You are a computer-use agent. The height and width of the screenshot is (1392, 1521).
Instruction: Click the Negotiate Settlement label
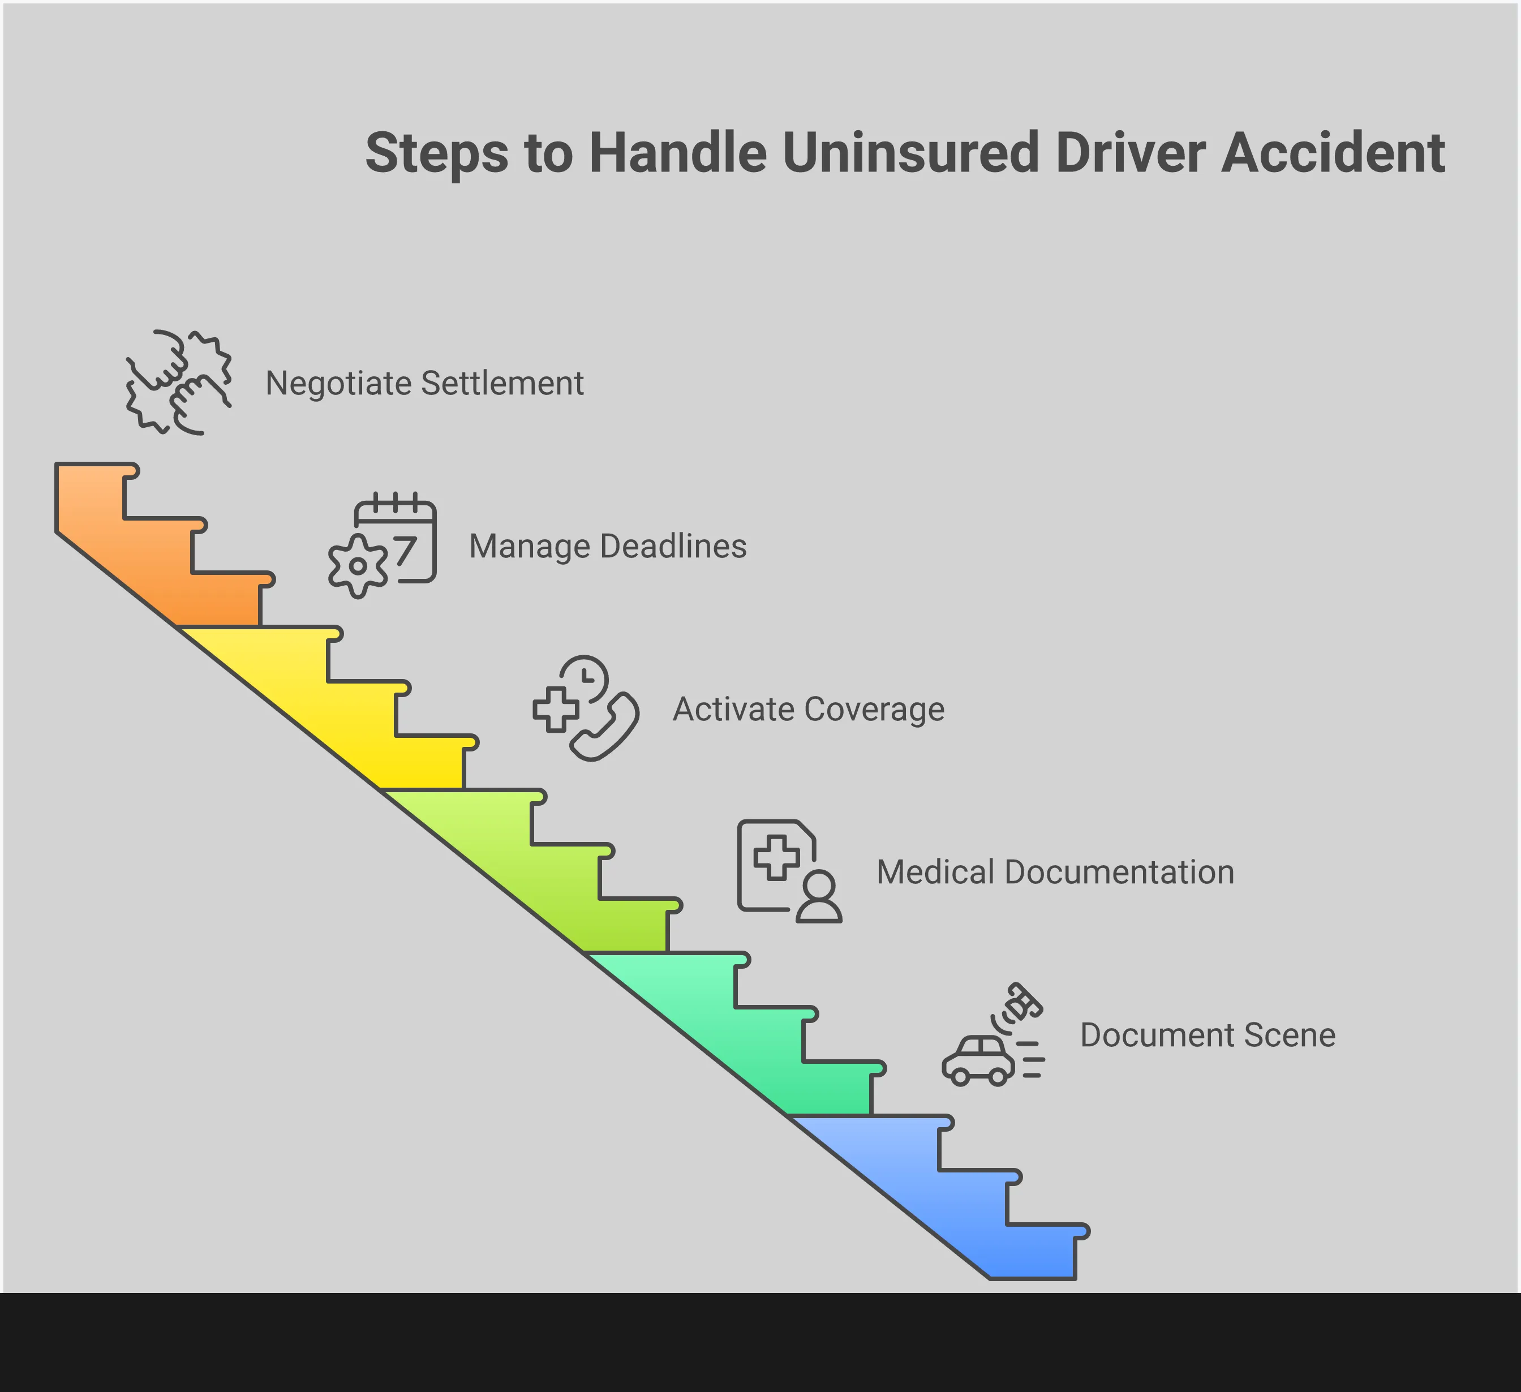tap(424, 383)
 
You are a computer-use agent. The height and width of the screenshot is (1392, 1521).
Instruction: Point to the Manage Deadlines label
tap(607, 546)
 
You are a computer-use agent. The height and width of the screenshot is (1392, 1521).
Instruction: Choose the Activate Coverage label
tap(808, 709)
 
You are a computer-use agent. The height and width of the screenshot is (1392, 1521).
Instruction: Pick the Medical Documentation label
tap(1055, 872)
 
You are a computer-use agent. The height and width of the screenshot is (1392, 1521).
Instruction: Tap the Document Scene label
tap(1207, 1035)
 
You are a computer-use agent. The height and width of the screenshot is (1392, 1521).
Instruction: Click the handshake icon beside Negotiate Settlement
tap(179, 383)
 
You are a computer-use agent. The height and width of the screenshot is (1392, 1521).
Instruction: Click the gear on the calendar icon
tap(358, 566)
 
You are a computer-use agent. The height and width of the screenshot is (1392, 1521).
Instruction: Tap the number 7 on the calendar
tap(405, 551)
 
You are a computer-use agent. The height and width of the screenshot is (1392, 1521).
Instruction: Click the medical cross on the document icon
tap(776, 857)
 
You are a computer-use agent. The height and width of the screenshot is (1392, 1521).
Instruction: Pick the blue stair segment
tap(981, 1200)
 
